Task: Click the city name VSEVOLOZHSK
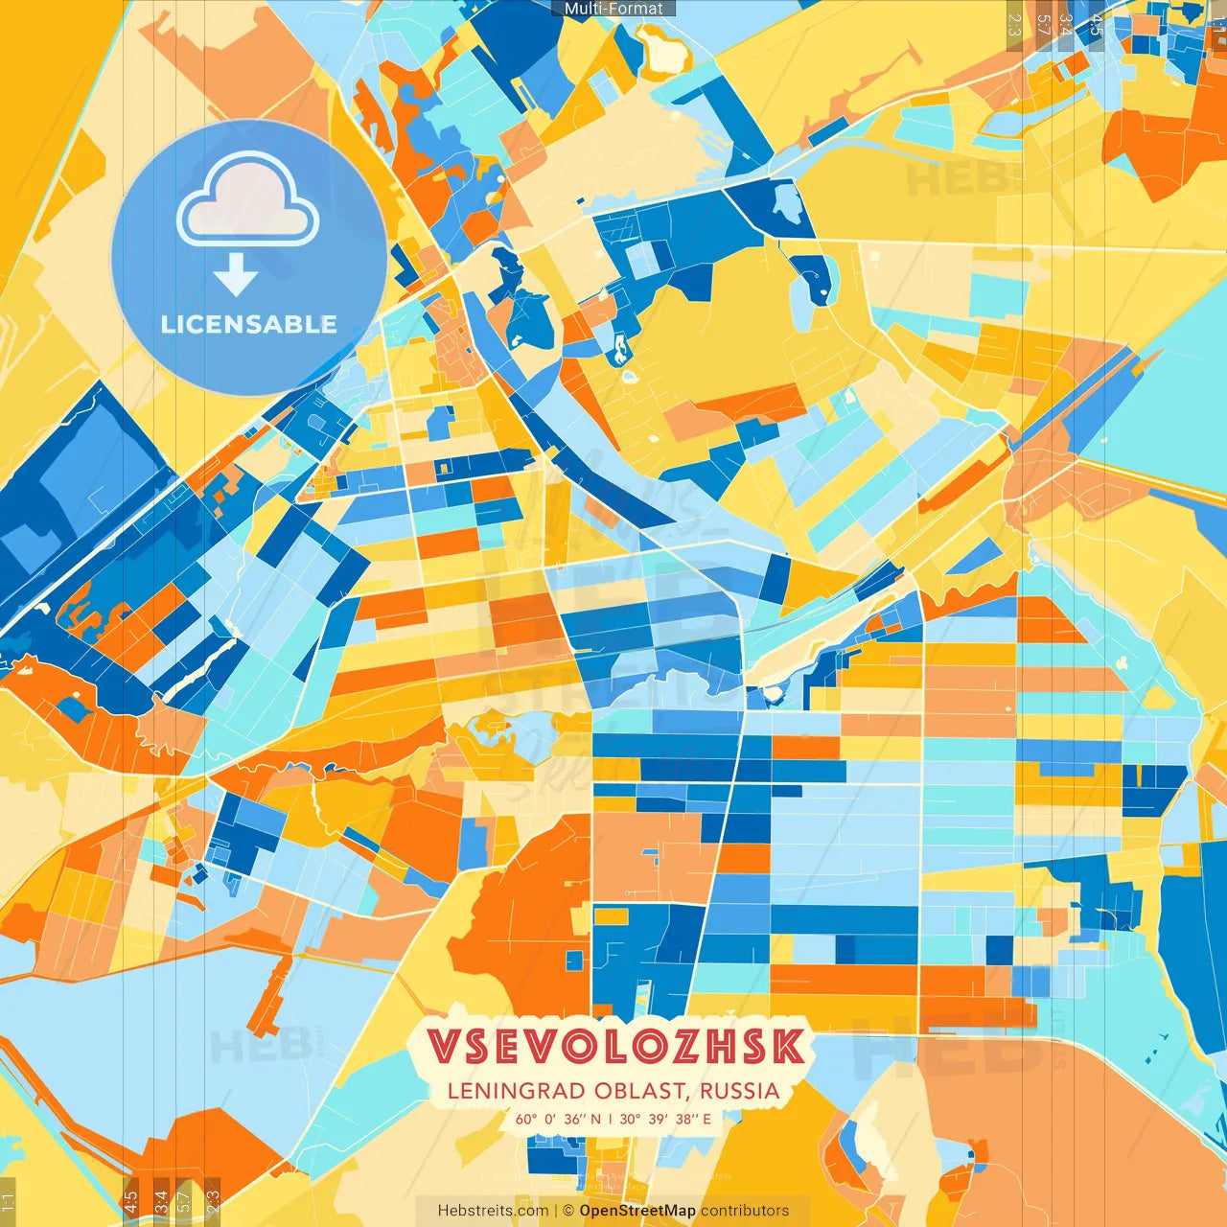(615, 1046)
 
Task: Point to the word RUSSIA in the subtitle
(739, 1091)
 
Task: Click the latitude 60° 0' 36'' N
(558, 1119)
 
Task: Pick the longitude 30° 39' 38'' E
(665, 1119)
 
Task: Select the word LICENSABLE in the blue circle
(249, 324)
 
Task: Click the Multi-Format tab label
(613, 9)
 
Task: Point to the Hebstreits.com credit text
(493, 1211)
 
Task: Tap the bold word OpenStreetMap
(637, 1211)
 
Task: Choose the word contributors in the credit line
(745, 1211)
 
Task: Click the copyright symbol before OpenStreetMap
(568, 1211)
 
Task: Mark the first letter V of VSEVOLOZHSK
(443, 1046)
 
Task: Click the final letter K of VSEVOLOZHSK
(788, 1046)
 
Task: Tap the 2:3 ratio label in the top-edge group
(1014, 25)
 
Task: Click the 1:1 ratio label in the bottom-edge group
(8, 1200)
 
